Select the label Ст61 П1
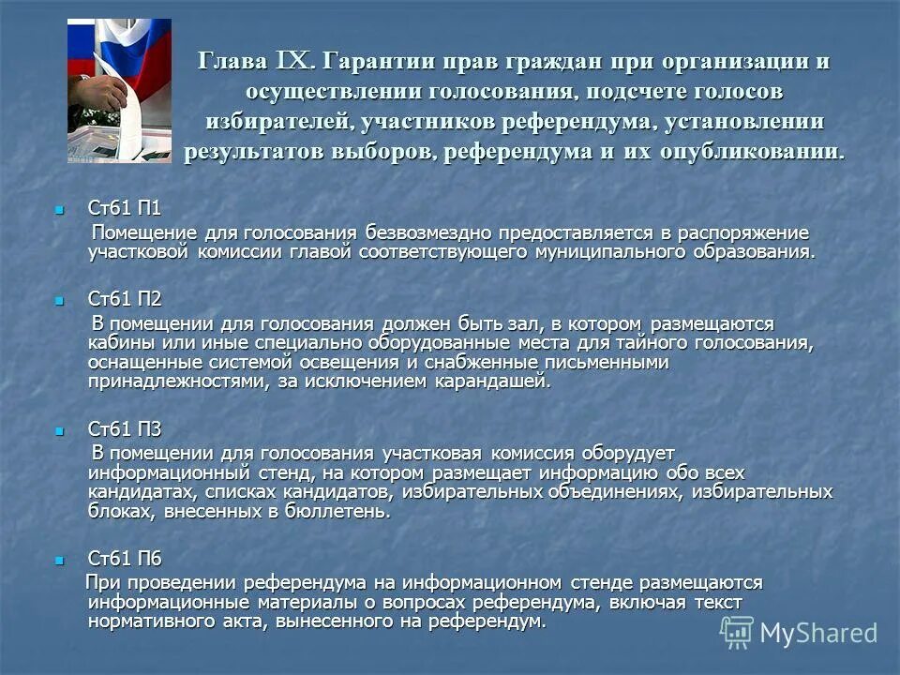124,208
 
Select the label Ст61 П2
124,300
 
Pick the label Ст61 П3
124,429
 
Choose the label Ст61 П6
124,559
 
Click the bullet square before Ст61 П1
61,209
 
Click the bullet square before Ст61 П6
61,560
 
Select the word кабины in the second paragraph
118,343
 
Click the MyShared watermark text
817,633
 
